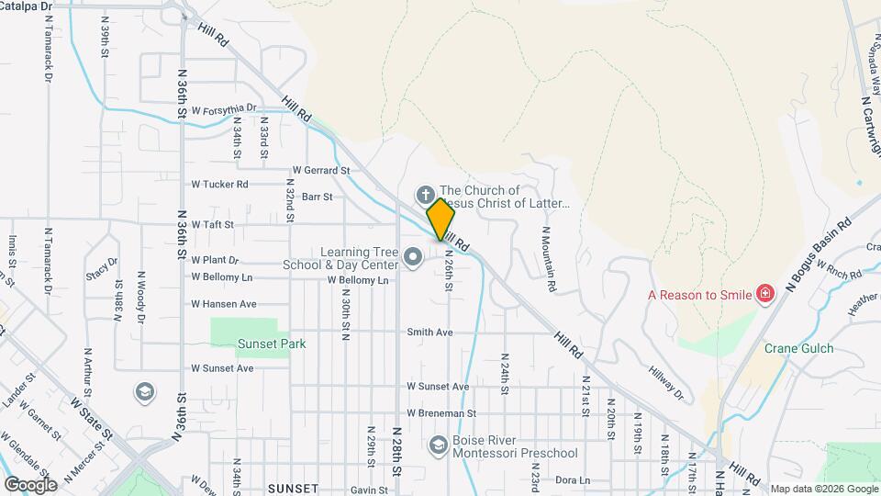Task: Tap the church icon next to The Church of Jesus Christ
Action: [x=425, y=195]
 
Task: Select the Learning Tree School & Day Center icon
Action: [x=413, y=257]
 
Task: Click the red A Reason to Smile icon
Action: [x=764, y=295]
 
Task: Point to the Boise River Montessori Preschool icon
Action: [x=438, y=445]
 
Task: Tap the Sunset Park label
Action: [x=271, y=344]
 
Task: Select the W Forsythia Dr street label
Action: [x=224, y=108]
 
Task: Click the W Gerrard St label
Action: [x=321, y=170]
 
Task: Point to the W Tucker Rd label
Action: [x=219, y=184]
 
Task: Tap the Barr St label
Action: [x=317, y=197]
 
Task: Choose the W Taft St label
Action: [x=212, y=223]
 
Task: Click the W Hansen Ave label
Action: [x=223, y=303]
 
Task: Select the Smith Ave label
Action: [x=430, y=332]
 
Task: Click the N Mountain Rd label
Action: [x=549, y=259]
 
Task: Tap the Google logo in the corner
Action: [x=30, y=484]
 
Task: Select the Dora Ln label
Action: [x=572, y=479]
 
